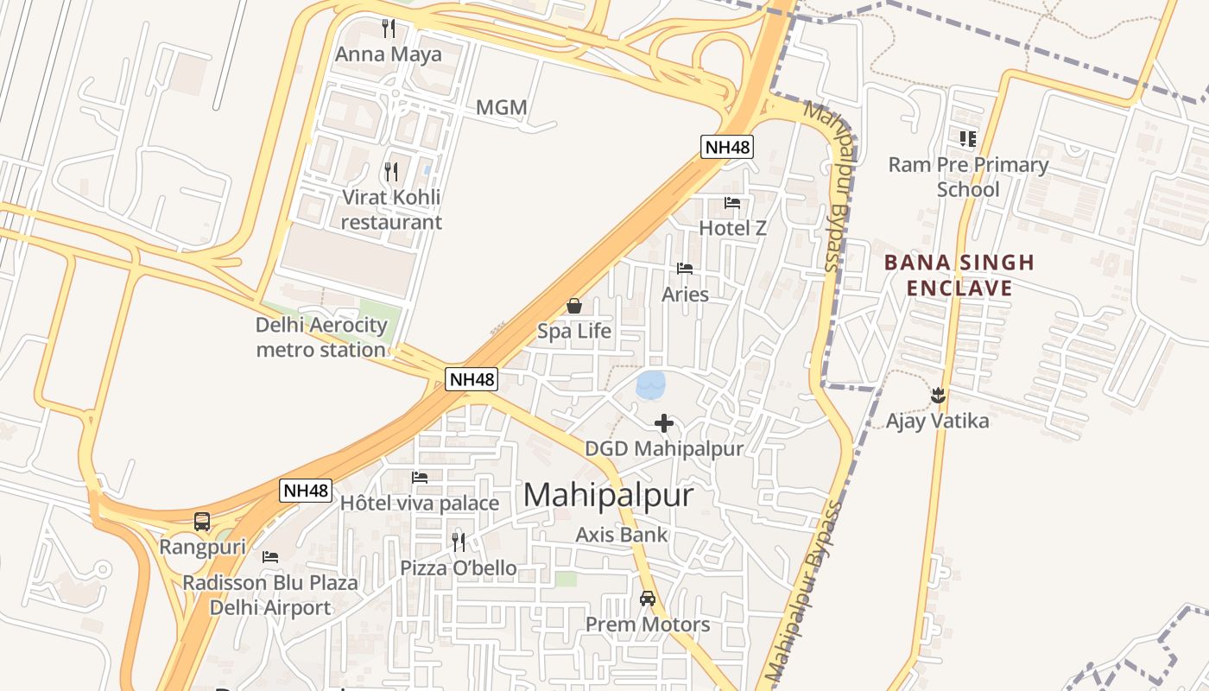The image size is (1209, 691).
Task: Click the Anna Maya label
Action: pos(388,54)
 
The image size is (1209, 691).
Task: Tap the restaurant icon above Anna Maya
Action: pos(389,29)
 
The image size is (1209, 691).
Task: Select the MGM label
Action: pos(502,108)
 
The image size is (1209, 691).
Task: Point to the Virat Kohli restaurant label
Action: pos(391,209)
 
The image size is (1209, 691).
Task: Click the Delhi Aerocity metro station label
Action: pos(321,338)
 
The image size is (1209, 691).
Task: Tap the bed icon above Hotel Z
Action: pos(732,203)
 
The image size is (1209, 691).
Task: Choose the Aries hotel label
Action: pos(685,295)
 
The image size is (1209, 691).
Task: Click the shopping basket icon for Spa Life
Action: pos(574,306)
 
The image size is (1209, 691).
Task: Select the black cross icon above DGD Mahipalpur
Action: pos(664,423)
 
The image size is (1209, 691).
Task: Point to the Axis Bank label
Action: pos(622,535)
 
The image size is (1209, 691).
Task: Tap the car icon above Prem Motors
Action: pos(648,598)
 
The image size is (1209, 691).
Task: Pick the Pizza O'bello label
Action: pos(459,568)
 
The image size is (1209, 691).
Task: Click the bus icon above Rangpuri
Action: pos(202,522)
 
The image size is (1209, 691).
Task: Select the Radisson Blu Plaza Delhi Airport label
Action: pos(270,595)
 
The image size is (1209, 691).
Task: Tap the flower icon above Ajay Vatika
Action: pos(938,396)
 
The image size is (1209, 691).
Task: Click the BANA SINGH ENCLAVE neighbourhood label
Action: pos(959,275)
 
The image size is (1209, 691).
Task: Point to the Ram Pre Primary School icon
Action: pos(968,138)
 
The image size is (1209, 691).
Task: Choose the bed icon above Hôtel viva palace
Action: pos(420,477)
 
